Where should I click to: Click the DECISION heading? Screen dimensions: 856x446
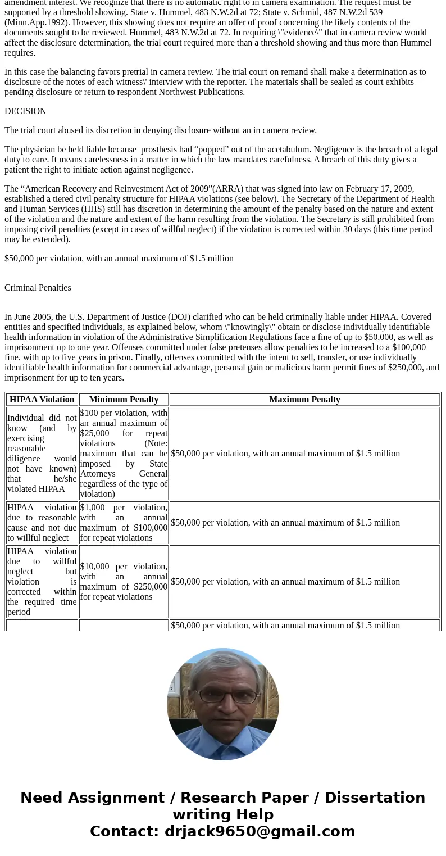(25, 111)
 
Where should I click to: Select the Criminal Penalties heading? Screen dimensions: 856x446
(38, 288)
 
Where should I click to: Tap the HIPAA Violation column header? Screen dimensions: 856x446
(42, 400)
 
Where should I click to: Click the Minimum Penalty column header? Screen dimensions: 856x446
(124, 400)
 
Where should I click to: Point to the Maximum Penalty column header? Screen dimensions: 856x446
(304, 400)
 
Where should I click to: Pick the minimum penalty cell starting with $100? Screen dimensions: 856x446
(124, 454)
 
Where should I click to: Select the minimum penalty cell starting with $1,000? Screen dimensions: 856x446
(124, 523)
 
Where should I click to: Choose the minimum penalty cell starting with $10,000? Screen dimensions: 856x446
(124, 582)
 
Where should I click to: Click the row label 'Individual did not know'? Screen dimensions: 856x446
(42, 454)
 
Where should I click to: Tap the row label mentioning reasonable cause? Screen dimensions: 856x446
(42, 523)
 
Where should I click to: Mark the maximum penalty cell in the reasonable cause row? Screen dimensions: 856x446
(285, 523)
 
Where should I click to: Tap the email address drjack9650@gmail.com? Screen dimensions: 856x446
(260, 832)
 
